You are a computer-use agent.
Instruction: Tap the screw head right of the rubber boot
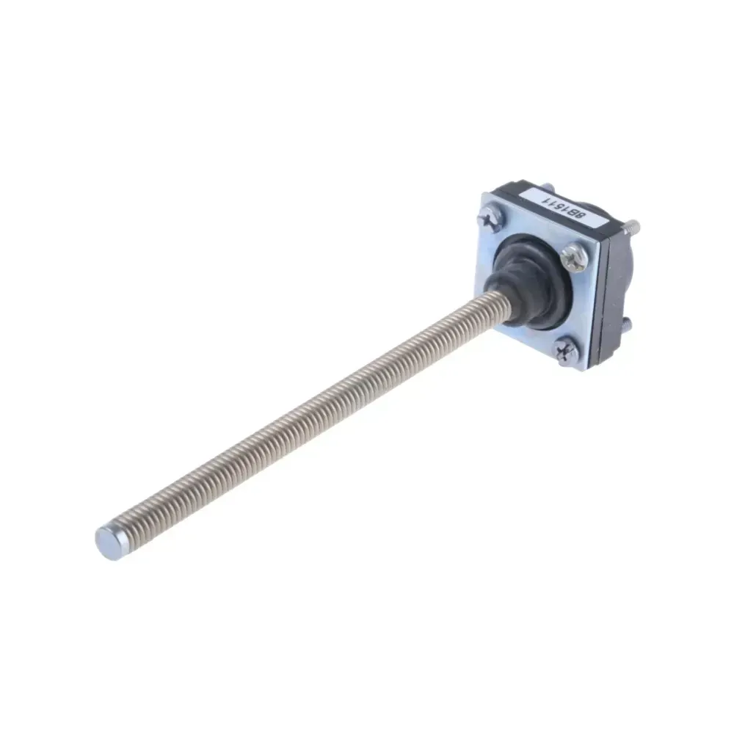[574, 258]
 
